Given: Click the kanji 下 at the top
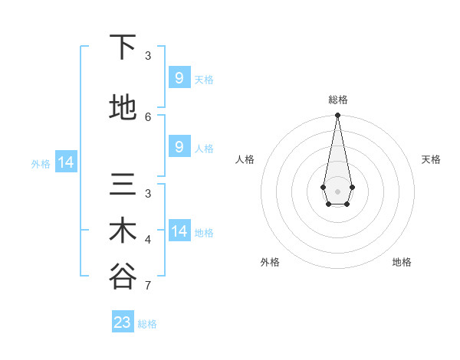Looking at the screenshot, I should (x=123, y=48).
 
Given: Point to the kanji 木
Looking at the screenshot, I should (x=123, y=231).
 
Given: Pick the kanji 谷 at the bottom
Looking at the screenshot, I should (x=123, y=277).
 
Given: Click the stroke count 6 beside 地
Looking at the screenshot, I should (x=148, y=116).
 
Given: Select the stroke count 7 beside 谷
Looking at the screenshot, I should (x=148, y=286).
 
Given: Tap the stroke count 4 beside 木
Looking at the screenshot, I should (x=148, y=240).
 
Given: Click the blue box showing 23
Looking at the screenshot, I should (x=123, y=322).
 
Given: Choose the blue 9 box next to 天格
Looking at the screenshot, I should (x=179, y=77).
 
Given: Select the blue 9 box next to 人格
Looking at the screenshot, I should (x=179, y=147).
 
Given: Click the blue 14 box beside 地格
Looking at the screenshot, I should (x=179, y=231).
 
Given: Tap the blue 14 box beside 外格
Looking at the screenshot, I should (x=65, y=162).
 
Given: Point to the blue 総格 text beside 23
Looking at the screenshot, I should (x=147, y=324).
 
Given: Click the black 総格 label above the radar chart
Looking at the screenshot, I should (x=337, y=100).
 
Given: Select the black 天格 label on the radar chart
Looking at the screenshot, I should (x=432, y=159).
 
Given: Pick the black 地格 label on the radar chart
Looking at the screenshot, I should (x=402, y=262).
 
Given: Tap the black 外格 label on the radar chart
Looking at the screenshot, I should (x=270, y=262).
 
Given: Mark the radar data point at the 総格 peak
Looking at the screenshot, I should (x=337, y=116).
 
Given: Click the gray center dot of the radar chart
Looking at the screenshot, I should (x=337, y=191).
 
